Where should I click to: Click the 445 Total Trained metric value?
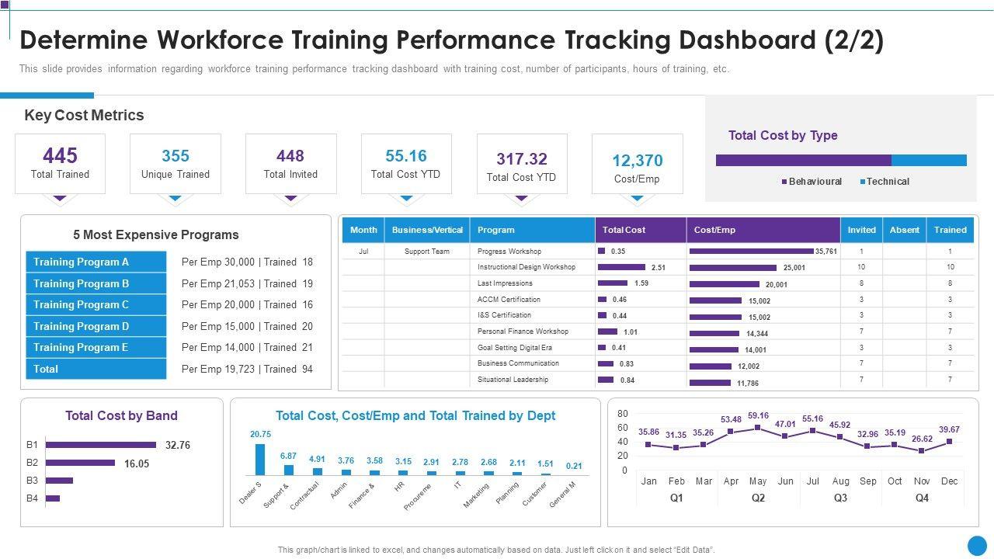(x=60, y=156)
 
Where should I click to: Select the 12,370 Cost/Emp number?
(x=637, y=161)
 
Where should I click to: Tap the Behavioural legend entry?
(x=815, y=182)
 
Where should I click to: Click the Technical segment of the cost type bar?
(x=929, y=161)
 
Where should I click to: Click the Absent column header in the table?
(x=904, y=230)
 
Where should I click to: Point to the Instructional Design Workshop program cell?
(x=526, y=267)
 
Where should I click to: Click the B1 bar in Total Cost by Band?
(x=101, y=445)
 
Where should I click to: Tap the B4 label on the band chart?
(x=32, y=498)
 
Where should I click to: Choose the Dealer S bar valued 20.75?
(x=260, y=459)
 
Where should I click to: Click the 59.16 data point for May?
(x=758, y=428)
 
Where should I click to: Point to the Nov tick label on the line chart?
(x=922, y=481)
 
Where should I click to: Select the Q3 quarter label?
(x=840, y=498)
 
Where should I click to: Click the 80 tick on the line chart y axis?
(x=622, y=414)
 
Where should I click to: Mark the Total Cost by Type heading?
(x=783, y=136)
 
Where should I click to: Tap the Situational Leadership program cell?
(x=513, y=380)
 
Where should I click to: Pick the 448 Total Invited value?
(x=290, y=156)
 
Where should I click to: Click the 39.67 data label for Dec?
(x=949, y=429)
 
